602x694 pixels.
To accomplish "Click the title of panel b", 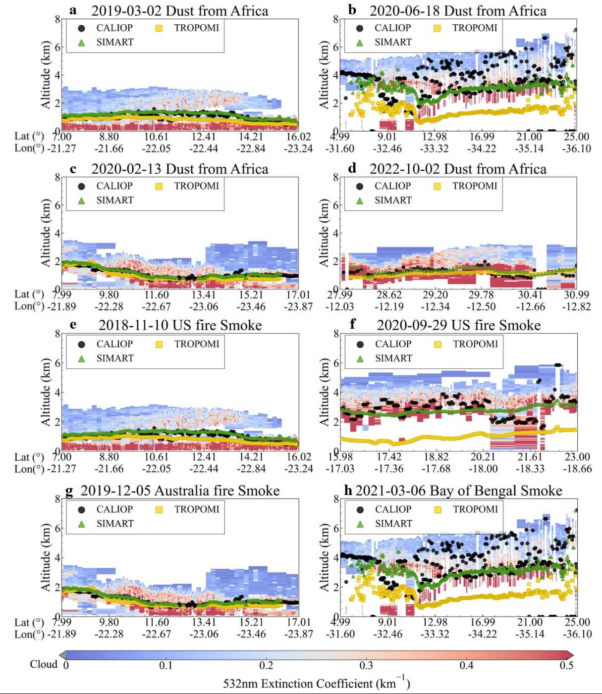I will (458, 11).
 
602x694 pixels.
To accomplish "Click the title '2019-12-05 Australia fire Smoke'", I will (180, 491).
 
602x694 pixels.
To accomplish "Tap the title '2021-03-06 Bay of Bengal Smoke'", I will (459, 491).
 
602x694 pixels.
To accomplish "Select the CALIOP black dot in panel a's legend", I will (82, 28).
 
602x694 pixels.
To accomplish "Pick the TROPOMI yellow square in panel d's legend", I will (437, 186).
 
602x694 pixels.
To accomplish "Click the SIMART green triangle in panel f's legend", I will (360, 358).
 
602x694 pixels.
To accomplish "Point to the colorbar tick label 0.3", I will (366, 665).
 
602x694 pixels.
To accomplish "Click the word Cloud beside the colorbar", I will (44, 664).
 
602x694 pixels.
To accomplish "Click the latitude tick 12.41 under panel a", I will (204, 137).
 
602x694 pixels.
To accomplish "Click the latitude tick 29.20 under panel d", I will (435, 295).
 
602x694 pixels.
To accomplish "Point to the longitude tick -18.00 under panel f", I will (483, 468).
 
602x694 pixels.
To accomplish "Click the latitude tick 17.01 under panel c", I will (298, 295).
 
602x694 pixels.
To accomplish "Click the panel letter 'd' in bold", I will (352, 168).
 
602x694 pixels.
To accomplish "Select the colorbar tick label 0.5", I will (566, 665).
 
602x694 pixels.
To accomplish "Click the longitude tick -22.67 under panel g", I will (157, 634).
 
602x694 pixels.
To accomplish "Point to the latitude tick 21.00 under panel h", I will (530, 622).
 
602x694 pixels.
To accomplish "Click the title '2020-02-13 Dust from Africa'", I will (180, 169).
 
